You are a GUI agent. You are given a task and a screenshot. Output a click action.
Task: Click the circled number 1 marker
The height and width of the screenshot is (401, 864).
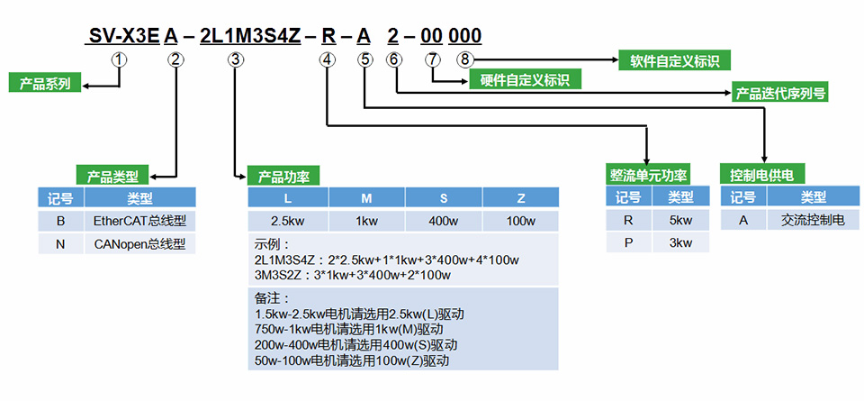(x=120, y=59)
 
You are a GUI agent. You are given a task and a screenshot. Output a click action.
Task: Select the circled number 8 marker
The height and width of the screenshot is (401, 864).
(x=463, y=59)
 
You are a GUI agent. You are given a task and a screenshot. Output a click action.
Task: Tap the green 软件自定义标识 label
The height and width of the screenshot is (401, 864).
(x=673, y=61)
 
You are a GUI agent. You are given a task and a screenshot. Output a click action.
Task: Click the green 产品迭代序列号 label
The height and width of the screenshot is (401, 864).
(x=780, y=92)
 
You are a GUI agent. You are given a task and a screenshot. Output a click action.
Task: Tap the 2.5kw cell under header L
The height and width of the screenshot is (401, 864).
(x=288, y=221)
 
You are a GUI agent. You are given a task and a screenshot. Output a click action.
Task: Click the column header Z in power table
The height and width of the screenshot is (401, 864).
(x=520, y=197)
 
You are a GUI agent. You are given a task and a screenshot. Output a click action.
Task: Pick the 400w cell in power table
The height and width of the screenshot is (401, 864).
(x=443, y=221)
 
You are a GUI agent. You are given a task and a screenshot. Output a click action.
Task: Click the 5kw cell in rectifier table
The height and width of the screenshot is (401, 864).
(x=681, y=220)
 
